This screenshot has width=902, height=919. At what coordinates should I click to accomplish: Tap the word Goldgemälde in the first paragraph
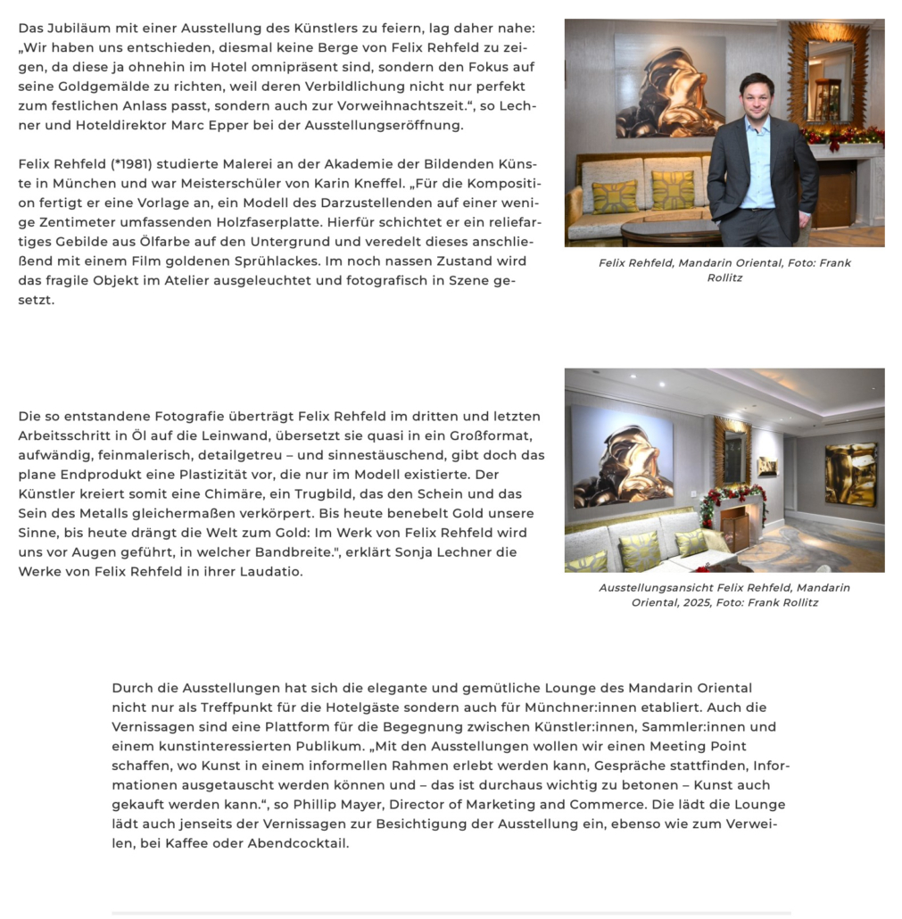[x=93, y=86]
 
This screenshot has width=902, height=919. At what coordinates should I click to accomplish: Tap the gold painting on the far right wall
[x=850, y=474]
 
